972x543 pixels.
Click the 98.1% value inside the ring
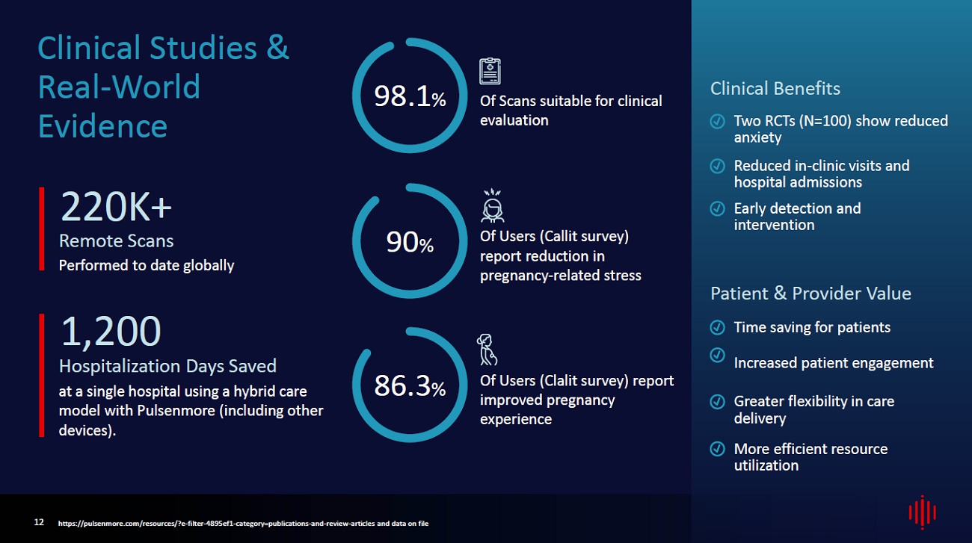409,96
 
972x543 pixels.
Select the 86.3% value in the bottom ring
409,386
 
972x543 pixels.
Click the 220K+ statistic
116,207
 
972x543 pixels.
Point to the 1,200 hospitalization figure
111,332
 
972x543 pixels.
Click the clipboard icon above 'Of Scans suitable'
490,72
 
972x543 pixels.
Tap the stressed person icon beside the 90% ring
492,207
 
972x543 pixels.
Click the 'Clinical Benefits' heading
775,89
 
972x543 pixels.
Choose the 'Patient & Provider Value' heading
810,294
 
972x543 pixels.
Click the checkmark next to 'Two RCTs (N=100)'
717,121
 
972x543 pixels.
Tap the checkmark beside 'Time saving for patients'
717,327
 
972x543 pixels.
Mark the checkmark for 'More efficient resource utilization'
717,449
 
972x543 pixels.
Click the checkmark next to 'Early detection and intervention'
717,208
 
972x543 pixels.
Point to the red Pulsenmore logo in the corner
922,512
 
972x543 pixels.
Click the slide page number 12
39,522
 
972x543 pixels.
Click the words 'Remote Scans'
116,241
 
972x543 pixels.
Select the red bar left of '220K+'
42,229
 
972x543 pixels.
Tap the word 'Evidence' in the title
102,126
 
